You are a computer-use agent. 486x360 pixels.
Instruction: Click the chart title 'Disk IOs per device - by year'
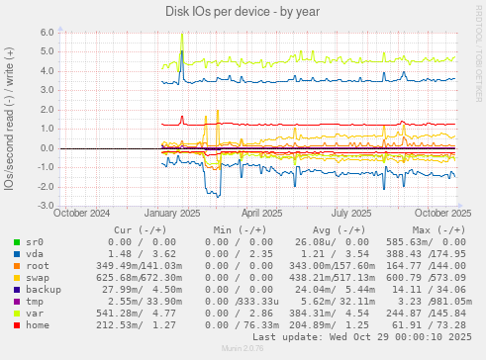243,11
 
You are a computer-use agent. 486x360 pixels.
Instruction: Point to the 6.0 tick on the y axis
46,33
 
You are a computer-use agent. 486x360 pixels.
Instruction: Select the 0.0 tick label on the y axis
46,148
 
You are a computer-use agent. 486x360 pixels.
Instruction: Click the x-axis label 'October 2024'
81,213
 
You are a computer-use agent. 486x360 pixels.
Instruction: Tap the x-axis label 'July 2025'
352,213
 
